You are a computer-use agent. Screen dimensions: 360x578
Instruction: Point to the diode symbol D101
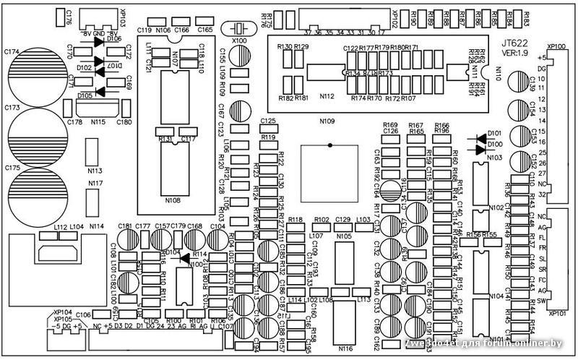[480, 138]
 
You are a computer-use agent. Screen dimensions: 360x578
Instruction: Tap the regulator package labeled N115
[96, 108]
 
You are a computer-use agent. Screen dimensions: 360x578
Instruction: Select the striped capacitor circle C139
[517, 80]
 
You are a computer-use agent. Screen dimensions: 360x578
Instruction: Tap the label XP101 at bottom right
[556, 314]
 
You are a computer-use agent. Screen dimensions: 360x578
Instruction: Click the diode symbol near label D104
[184, 257]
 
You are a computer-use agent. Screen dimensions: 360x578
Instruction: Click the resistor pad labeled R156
[474, 244]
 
